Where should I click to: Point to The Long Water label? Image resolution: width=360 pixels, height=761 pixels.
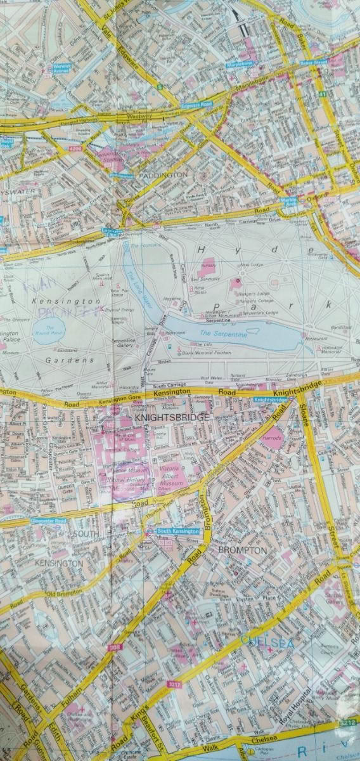(136, 283)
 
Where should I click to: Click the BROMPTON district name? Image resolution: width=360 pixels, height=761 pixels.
(242, 550)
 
